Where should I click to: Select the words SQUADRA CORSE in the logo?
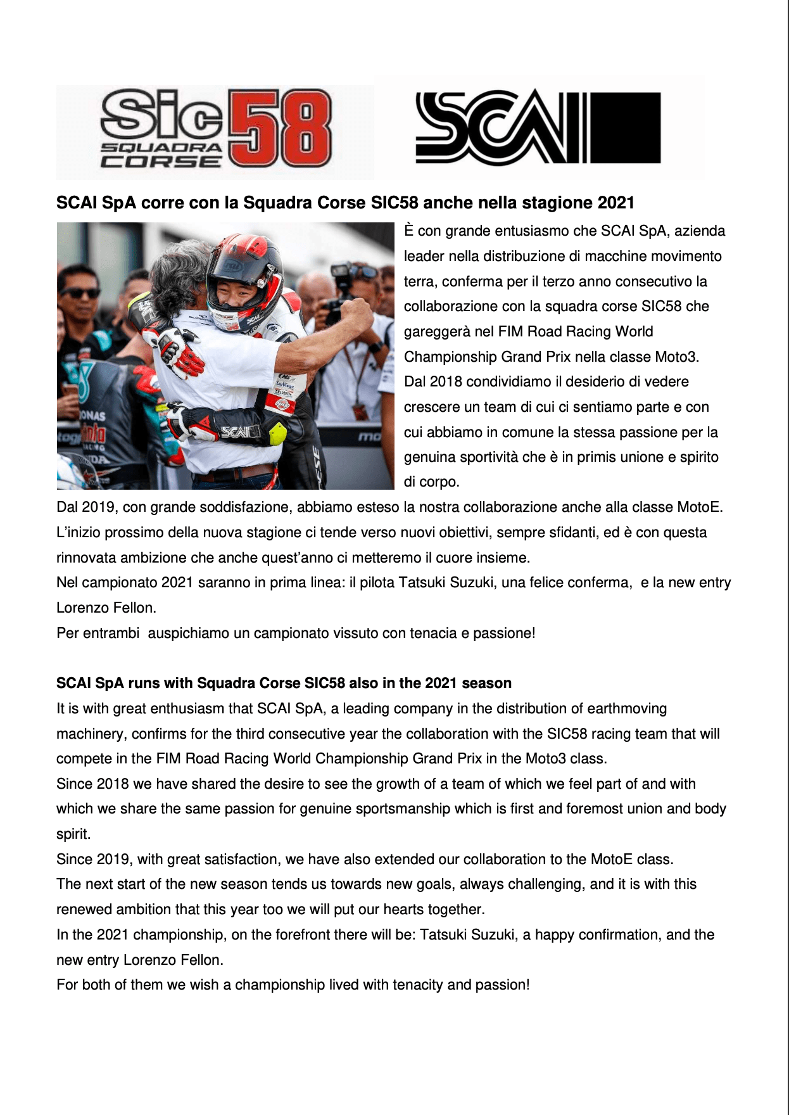pyautogui.click(x=162, y=155)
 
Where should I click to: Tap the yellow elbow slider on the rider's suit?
pyautogui.click(x=277, y=433)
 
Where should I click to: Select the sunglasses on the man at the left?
pyautogui.click(x=80, y=293)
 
